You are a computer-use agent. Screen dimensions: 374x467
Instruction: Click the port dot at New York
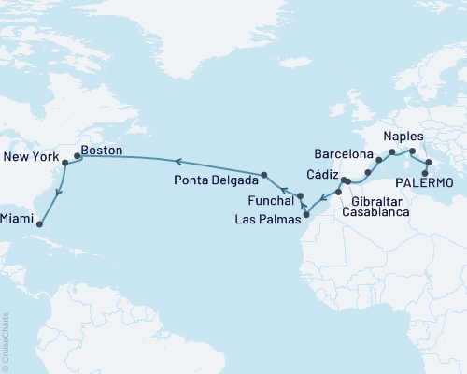coord(64,163)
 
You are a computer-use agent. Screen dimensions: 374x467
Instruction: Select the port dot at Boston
coord(77,146)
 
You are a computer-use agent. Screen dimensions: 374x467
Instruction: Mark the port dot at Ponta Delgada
coord(265,175)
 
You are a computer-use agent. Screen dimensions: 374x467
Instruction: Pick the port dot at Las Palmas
coord(306,214)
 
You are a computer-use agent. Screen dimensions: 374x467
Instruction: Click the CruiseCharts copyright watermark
coord(6,338)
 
